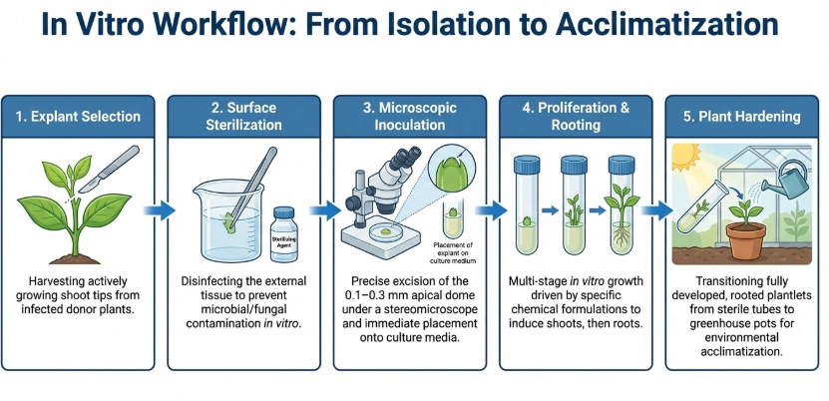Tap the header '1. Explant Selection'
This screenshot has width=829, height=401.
point(79,117)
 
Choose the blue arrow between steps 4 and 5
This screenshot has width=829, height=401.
point(653,210)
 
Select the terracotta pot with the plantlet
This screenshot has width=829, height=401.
point(746,239)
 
